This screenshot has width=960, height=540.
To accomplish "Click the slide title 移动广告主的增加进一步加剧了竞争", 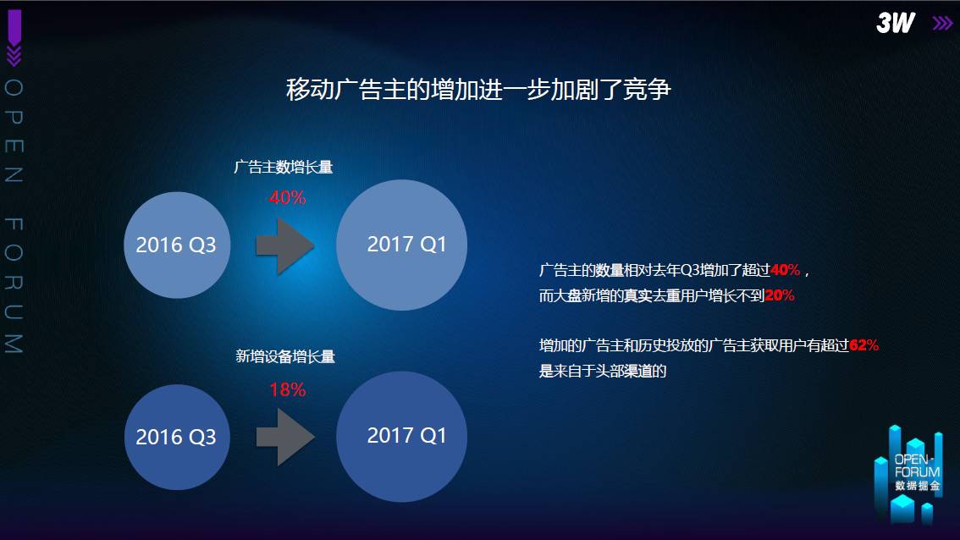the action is tap(479, 90).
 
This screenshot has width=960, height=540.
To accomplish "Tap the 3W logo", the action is tap(895, 23).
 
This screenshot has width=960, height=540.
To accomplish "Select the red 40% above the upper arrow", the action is tap(287, 197).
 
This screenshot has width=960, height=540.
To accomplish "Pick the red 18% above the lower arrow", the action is tap(287, 389).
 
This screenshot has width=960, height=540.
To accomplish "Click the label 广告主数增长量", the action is tap(284, 167).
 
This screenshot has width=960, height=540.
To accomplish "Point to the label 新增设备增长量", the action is tap(285, 356).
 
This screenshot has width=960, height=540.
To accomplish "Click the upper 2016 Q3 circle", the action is tap(177, 245).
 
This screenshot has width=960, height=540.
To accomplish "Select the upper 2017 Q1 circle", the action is tap(401, 245).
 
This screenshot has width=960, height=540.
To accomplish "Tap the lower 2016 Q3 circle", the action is tap(177, 437).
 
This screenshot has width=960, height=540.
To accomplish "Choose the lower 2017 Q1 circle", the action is tap(401, 437).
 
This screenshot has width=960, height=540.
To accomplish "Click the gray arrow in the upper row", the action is tap(285, 246).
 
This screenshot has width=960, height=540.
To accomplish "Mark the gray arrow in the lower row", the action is tap(285, 437).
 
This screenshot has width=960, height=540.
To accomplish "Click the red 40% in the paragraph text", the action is tap(785, 270).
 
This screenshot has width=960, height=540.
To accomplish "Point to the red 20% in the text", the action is tap(780, 295).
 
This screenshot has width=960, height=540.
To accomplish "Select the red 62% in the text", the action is tap(863, 345).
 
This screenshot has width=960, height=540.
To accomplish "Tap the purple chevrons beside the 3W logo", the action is tap(943, 23).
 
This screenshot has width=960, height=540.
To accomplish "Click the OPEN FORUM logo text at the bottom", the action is tap(917, 466).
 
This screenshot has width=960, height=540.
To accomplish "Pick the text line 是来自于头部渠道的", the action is tap(603, 371).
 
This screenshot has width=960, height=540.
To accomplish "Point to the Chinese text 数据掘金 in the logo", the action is tap(917, 486).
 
